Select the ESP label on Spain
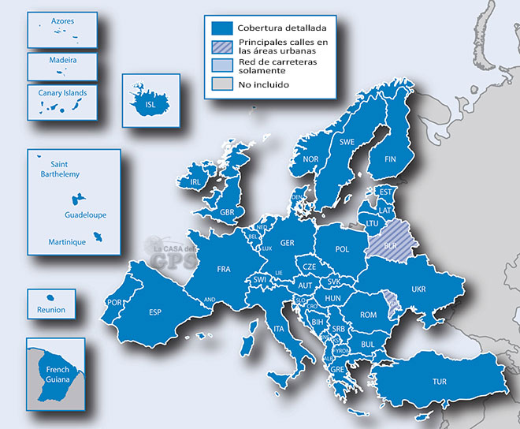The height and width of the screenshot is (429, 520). pos(154,312)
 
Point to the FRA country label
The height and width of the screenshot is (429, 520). pos(224,270)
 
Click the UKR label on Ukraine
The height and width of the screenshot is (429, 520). pos(418,289)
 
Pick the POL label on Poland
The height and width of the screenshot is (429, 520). pos(342,249)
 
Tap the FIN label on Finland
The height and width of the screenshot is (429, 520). pos(389,159)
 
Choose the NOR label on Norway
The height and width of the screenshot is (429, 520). pos(310,159)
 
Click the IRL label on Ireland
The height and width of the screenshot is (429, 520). pos(194,182)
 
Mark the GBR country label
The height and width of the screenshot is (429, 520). pos(228,212)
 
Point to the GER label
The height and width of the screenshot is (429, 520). pos(287,243)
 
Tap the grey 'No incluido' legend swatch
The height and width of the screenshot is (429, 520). pos(217,84)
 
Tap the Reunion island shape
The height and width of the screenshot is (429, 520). pos(49,297)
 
